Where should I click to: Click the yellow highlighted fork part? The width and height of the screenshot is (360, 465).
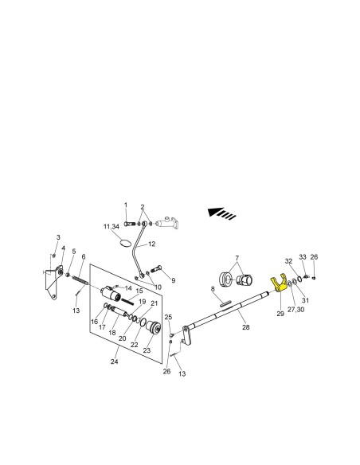(x=279, y=285)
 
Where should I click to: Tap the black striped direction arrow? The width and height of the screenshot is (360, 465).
(x=221, y=213)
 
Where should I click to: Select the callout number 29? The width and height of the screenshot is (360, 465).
(x=280, y=314)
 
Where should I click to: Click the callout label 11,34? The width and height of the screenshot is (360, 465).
(x=112, y=227)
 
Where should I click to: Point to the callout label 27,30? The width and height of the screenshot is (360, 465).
(x=295, y=309)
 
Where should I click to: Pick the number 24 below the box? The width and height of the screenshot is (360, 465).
(x=114, y=361)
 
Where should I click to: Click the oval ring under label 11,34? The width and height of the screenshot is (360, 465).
(x=125, y=243)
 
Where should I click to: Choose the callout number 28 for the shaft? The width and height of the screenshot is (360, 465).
(x=246, y=327)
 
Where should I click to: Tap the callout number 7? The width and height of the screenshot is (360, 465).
(x=237, y=258)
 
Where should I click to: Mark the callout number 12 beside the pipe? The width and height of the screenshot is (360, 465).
(x=151, y=244)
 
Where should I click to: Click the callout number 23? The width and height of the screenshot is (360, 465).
(x=147, y=350)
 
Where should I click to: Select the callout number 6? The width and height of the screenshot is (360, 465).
(x=84, y=256)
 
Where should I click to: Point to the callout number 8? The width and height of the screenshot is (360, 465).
(x=213, y=289)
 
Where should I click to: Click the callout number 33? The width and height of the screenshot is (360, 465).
(x=303, y=257)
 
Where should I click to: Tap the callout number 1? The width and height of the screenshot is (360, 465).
(x=125, y=205)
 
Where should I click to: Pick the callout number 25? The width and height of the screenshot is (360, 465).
(x=168, y=317)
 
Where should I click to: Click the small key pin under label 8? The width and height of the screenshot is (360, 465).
(x=225, y=303)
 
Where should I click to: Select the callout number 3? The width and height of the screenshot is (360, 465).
(x=58, y=237)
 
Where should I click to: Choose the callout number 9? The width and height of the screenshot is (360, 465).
(x=173, y=280)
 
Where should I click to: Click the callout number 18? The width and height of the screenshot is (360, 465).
(x=112, y=333)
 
